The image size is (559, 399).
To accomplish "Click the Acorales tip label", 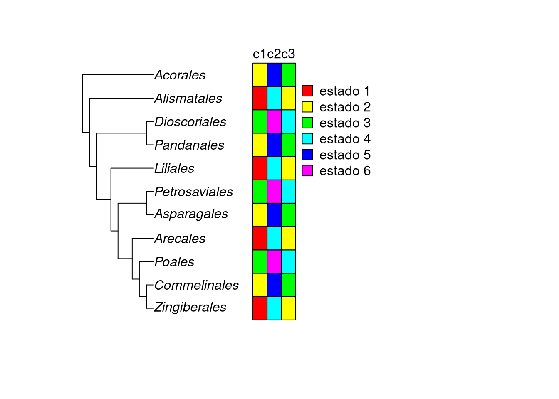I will click(180, 75).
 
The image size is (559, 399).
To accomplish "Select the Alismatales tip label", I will click(188, 99).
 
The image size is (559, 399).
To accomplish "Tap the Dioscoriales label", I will click(190, 122).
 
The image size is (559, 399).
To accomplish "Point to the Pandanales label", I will click(189, 145).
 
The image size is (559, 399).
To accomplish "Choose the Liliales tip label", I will click(174, 168).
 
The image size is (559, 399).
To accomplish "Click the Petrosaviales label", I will click(193, 192).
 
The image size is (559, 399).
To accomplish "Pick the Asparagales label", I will click(191, 214).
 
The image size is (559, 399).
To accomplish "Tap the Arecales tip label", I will click(180, 239).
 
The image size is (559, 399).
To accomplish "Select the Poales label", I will click(174, 262).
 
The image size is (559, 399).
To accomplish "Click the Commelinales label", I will click(196, 285).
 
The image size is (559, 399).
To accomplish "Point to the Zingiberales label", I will click(190, 307).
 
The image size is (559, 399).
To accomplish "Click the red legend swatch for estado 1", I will click(307, 91).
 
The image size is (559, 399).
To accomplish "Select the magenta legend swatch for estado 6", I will click(307, 170).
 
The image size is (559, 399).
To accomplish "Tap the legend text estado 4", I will click(345, 139).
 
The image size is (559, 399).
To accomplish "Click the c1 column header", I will click(260, 54).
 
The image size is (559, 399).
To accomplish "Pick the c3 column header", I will click(288, 54).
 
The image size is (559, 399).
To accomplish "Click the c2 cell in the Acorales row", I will click(274, 75).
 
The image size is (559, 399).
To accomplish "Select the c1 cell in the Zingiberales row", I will click(260, 308).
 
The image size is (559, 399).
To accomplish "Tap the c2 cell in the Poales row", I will click(274, 261).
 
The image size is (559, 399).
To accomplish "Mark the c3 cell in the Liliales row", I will click(288, 168).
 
